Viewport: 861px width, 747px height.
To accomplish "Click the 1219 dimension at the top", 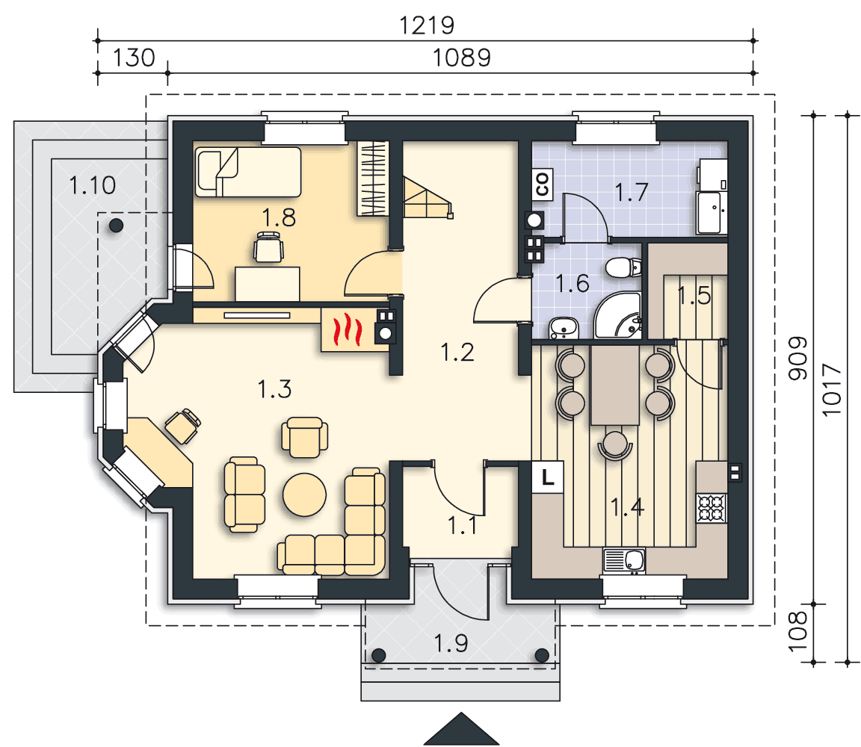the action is pos(427,25).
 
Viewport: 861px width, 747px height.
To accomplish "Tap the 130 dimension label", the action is pos(134,58).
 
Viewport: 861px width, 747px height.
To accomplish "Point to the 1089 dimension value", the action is pos(461,58).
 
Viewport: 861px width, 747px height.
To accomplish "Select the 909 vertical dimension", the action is pos(798,358).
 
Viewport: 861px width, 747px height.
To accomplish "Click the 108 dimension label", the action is pos(798,630).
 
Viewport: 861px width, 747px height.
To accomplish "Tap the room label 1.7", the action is pos(631,193).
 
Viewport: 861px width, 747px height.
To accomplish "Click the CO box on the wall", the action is pos(542,184).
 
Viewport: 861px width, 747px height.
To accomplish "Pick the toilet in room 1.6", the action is pos(623,268).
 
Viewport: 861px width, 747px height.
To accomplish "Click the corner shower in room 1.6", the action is pos(618,315).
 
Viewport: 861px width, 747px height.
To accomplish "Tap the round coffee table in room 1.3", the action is pos(304,495).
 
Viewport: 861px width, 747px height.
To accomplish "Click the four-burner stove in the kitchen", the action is pos(712,508).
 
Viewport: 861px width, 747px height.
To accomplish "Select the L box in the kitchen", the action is pos(547,477).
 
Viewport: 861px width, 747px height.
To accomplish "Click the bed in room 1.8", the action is pos(248,171).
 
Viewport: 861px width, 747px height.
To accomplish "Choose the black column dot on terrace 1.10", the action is pos(116,225).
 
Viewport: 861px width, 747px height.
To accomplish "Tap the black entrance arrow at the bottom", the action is pos(461,729).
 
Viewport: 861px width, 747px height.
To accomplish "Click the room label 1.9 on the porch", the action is pos(451,643).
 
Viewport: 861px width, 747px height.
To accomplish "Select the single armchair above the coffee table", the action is pos(305,438).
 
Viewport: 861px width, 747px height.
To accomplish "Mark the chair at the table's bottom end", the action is pos(615,444).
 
